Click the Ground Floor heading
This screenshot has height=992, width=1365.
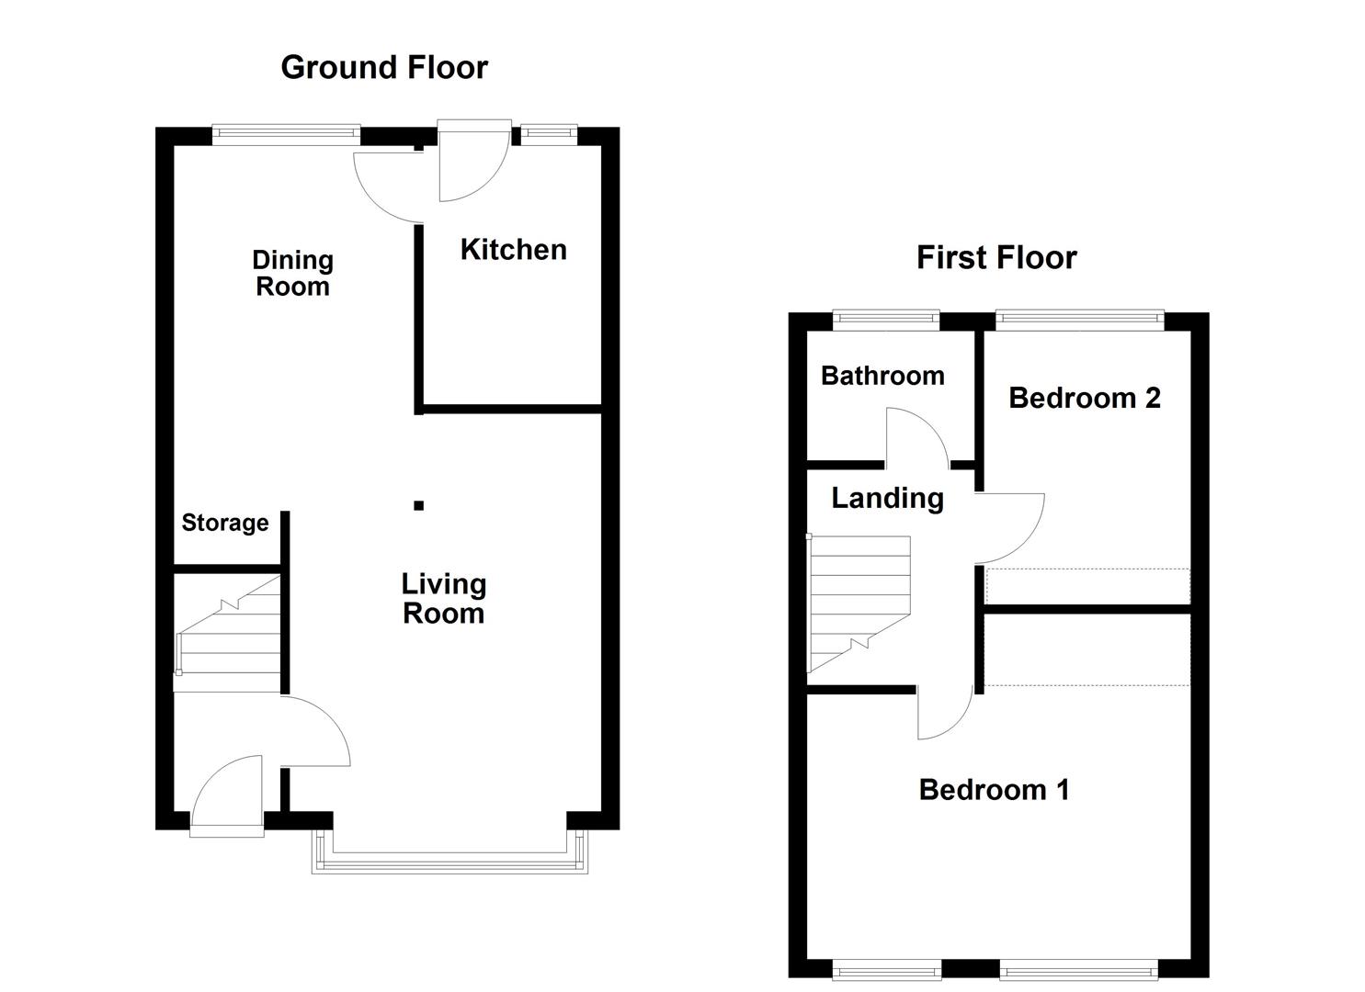click(x=383, y=67)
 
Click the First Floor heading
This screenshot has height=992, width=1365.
click(x=995, y=257)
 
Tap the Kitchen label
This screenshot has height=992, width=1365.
click(x=513, y=249)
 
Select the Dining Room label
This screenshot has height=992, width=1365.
click(x=292, y=273)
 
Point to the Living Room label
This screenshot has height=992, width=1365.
click(x=443, y=598)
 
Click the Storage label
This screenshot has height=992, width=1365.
click(x=225, y=523)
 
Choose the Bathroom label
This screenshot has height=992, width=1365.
click(x=882, y=375)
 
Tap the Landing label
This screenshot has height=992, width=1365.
click(x=887, y=498)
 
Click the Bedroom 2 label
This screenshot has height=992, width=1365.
click(x=1084, y=398)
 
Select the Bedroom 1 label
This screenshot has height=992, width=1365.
click(x=994, y=789)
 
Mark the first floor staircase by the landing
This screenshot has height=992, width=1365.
click(x=859, y=604)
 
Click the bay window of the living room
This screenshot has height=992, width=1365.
click(x=449, y=858)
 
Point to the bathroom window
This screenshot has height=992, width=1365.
click(x=886, y=320)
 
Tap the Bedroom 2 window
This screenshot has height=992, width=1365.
click(x=1079, y=320)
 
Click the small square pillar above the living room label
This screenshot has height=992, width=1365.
click(x=418, y=505)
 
